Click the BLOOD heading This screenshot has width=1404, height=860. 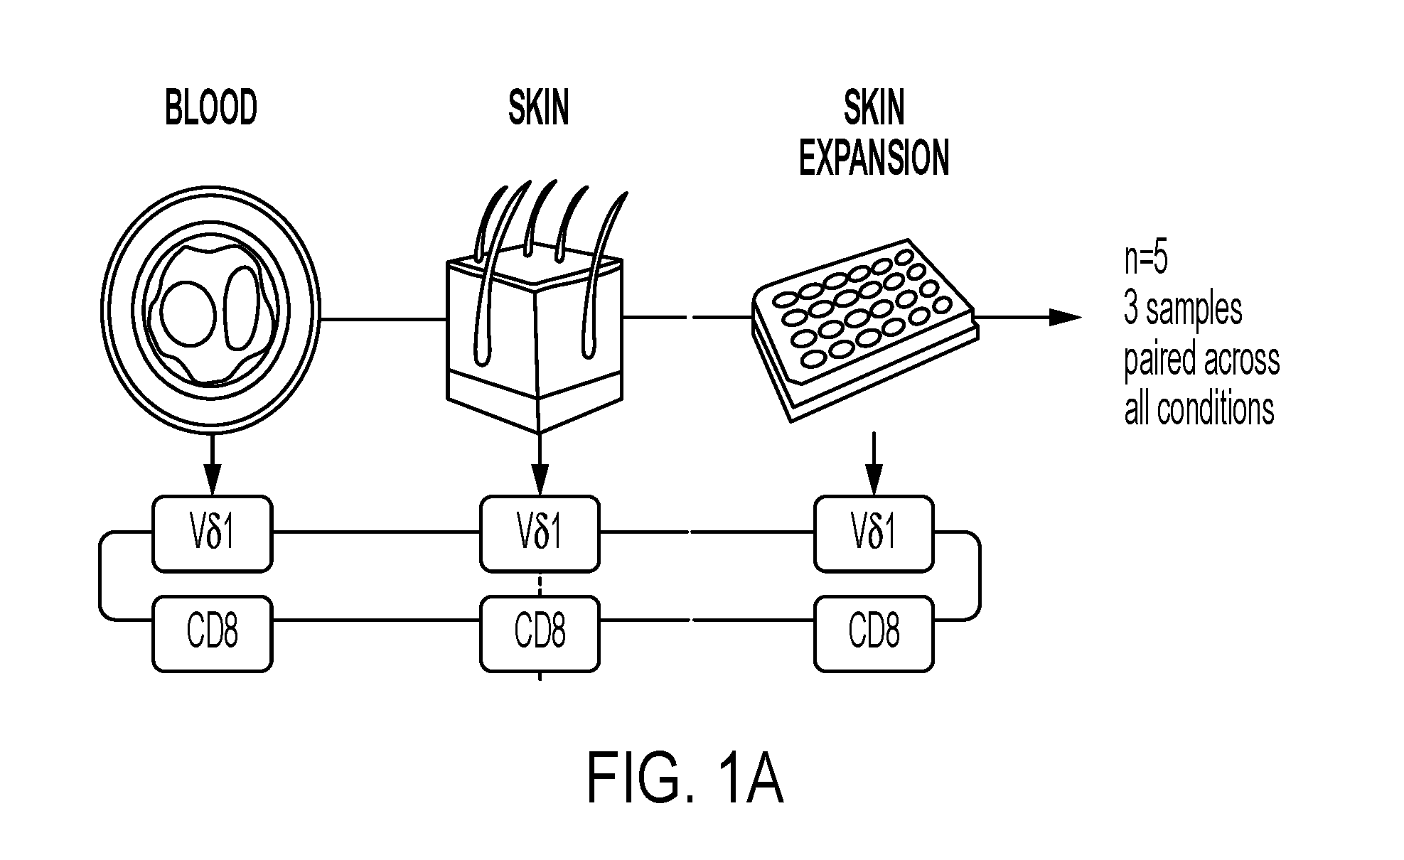click(211, 109)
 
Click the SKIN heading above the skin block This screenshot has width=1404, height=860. click(539, 109)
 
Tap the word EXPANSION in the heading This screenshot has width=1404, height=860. click(874, 158)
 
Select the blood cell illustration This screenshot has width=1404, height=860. click(212, 319)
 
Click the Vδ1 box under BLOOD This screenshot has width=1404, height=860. click(213, 533)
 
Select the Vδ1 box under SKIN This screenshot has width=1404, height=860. click(540, 533)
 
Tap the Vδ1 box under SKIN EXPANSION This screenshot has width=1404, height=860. click(874, 533)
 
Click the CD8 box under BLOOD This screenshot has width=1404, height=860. click(213, 633)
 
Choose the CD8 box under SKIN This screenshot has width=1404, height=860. click(540, 633)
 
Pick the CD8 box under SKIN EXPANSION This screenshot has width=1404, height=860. click(874, 633)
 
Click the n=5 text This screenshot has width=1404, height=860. click(1146, 259)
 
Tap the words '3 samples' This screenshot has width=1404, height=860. click(1183, 310)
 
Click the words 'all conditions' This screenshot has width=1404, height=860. click(1199, 409)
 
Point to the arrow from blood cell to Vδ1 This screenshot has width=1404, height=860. click(212, 463)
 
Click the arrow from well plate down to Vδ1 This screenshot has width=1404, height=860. click(874, 463)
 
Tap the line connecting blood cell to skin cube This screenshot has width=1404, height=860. click(384, 319)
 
